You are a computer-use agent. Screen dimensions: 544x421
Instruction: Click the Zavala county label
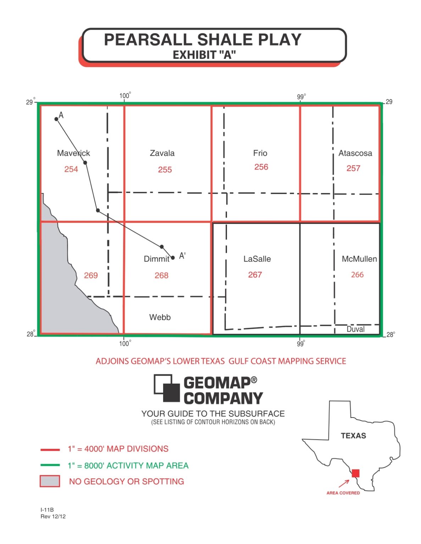[162, 153]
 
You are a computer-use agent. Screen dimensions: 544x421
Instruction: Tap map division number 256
[261, 167]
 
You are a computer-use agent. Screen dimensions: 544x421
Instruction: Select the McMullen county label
[359, 259]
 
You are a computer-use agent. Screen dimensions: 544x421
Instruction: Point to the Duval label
[355, 329]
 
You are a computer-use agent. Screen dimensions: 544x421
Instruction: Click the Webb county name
[160, 317]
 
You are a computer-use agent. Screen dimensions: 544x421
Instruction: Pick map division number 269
[91, 275]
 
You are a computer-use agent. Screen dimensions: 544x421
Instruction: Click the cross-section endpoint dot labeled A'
[173, 258]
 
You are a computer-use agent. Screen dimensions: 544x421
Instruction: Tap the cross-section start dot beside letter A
[56, 119]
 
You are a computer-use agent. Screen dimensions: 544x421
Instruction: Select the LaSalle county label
[257, 259]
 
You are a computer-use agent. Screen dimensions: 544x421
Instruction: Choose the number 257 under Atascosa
[353, 168]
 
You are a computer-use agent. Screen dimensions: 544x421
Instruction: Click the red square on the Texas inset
[355, 473]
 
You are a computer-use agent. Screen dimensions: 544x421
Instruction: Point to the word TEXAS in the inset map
[353, 436]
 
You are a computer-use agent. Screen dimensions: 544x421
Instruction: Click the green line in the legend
[50, 465]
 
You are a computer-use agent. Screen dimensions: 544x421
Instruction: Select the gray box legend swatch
[50, 481]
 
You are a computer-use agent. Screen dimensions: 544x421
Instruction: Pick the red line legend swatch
[50, 449]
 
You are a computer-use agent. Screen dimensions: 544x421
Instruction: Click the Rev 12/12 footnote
[53, 516]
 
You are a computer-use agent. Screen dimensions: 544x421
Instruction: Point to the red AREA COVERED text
[343, 493]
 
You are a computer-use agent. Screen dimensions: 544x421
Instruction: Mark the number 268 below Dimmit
[161, 275]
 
